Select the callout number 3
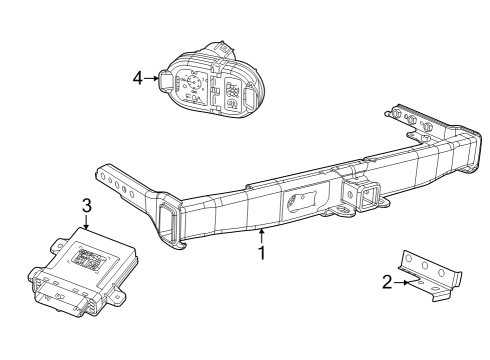[x=87, y=205]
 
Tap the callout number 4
[x=137, y=76]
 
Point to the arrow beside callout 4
[x=151, y=76]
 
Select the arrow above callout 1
[x=262, y=236]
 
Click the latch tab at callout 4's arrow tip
[x=162, y=77]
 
